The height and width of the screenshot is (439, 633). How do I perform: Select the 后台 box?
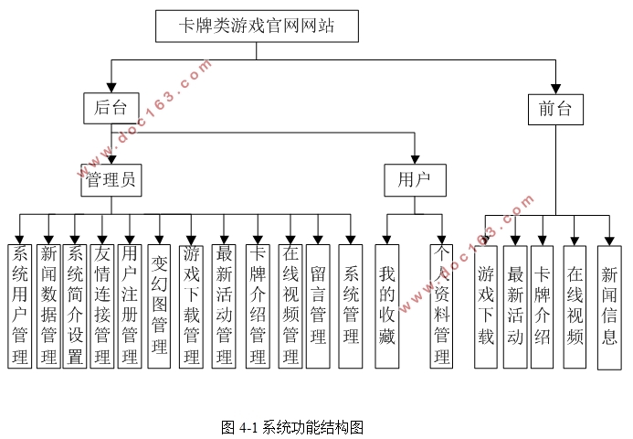[111, 107]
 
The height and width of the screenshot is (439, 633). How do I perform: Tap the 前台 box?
[555, 109]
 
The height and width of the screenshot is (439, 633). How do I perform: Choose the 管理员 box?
[111, 180]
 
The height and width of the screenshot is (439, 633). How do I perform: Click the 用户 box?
[415, 180]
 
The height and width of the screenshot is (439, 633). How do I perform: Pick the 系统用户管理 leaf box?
[19, 305]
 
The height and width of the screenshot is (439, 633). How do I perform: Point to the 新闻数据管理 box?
[47, 305]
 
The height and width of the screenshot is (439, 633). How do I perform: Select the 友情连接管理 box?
[102, 305]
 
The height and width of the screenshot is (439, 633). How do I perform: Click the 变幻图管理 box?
[159, 305]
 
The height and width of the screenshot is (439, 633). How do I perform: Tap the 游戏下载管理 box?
[192, 305]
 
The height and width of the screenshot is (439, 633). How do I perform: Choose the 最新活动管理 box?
[225, 305]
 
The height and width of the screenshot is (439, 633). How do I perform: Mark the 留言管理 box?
[318, 305]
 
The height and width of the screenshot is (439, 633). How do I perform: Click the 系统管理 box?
[351, 305]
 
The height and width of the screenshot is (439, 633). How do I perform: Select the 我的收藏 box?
[387, 305]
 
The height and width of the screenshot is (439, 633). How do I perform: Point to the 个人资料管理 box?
[442, 305]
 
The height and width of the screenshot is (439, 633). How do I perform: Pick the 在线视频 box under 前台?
[575, 305]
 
